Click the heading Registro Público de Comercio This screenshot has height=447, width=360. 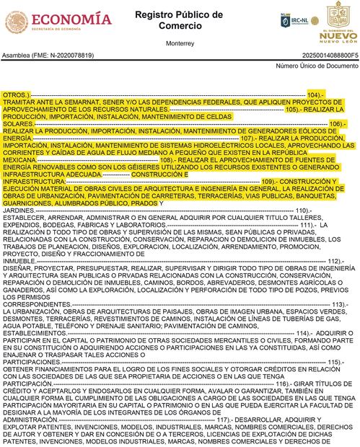(x=180, y=19)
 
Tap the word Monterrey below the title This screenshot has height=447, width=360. (x=180, y=43)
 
